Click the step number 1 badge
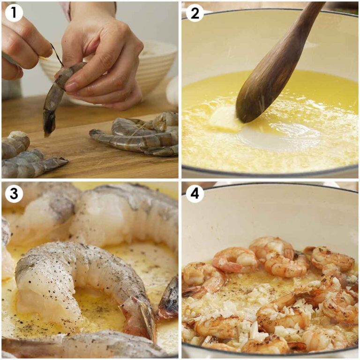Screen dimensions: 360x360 point(14,13)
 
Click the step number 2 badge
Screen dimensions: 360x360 point(195,13)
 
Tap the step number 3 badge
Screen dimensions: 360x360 point(14,194)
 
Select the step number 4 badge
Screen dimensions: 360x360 point(195,194)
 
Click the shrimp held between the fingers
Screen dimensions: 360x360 point(59,89)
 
